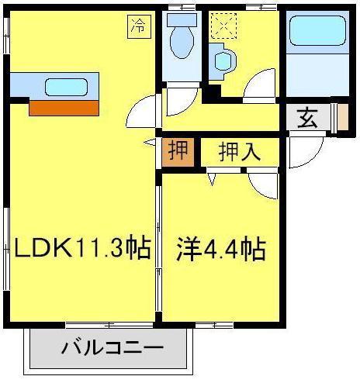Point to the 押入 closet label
[238, 152]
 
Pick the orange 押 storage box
[179, 151]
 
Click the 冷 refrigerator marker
[138, 26]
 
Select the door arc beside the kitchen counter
[142, 113]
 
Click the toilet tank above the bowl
[182, 20]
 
